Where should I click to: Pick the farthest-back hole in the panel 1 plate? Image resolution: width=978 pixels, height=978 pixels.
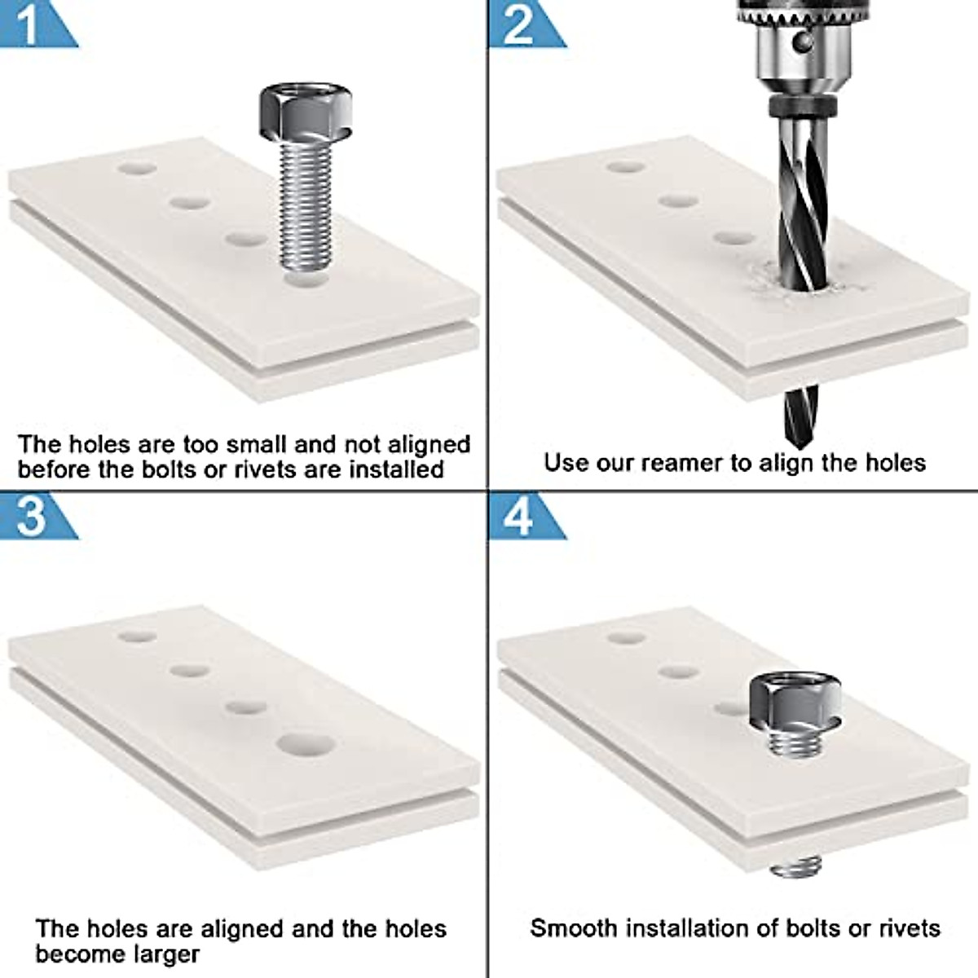[x=137, y=168]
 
